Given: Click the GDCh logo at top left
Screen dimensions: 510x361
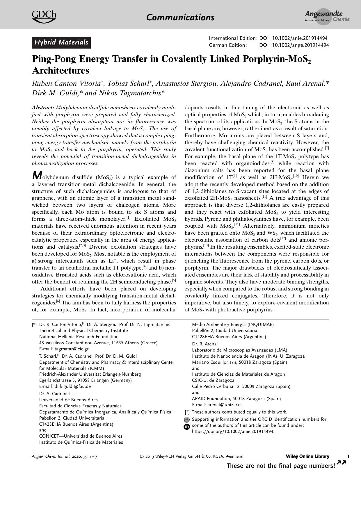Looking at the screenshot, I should pyautogui.click(x=44, y=17).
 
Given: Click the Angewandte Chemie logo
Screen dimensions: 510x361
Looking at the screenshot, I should pyautogui.click(x=327, y=17).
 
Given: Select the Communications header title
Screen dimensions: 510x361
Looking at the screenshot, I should pyautogui.click(x=180, y=17).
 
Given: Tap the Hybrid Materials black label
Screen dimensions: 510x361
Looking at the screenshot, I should pyautogui.click(x=61, y=42).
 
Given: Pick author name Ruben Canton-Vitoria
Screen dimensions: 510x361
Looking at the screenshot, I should pyautogui.click(x=66, y=84).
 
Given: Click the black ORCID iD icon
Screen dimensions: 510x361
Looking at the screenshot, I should pyautogui.click(x=187, y=427).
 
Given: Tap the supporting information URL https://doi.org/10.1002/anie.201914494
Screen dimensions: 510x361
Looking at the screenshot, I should pyautogui.click(x=233, y=431).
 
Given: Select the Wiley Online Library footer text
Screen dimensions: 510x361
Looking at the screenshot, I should pyautogui.click(x=307, y=456).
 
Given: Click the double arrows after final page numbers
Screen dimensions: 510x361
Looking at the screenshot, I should pyautogui.click(x=341, y=463).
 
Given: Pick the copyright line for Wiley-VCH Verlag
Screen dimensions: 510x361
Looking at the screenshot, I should pyautogui.click(x=192, y=456).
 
